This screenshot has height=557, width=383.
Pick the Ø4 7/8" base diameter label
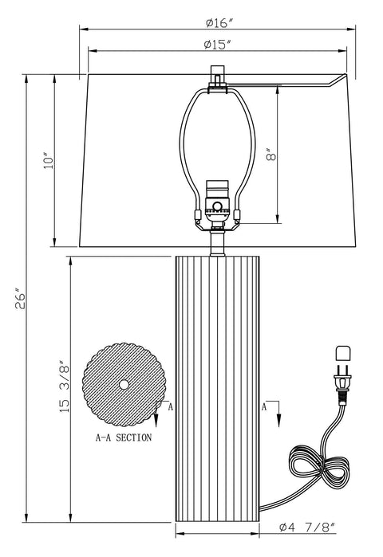[306, 527]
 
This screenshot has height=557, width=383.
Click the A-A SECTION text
[124, 437]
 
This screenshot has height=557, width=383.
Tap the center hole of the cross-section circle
[124, 385]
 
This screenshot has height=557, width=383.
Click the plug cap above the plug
[344, 352]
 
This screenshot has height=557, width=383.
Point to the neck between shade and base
[215, 243]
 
